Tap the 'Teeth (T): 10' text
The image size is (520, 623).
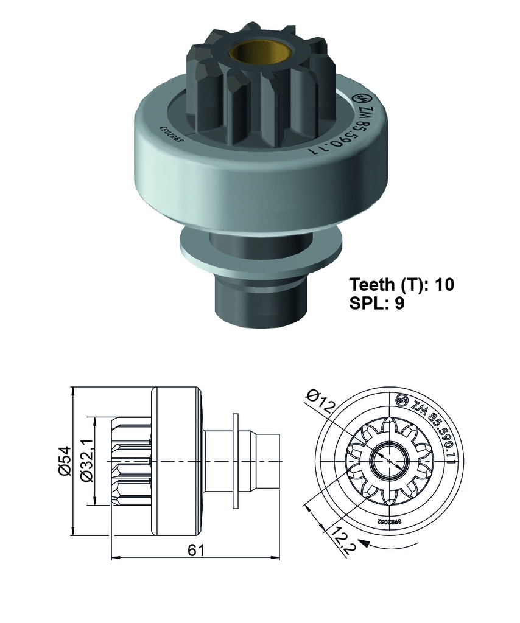(x=401, y=284)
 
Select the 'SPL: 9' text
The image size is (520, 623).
(x=377, y=304)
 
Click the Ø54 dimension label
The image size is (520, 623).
(x=65, y=462)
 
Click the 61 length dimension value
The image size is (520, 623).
(x=195, y=549)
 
